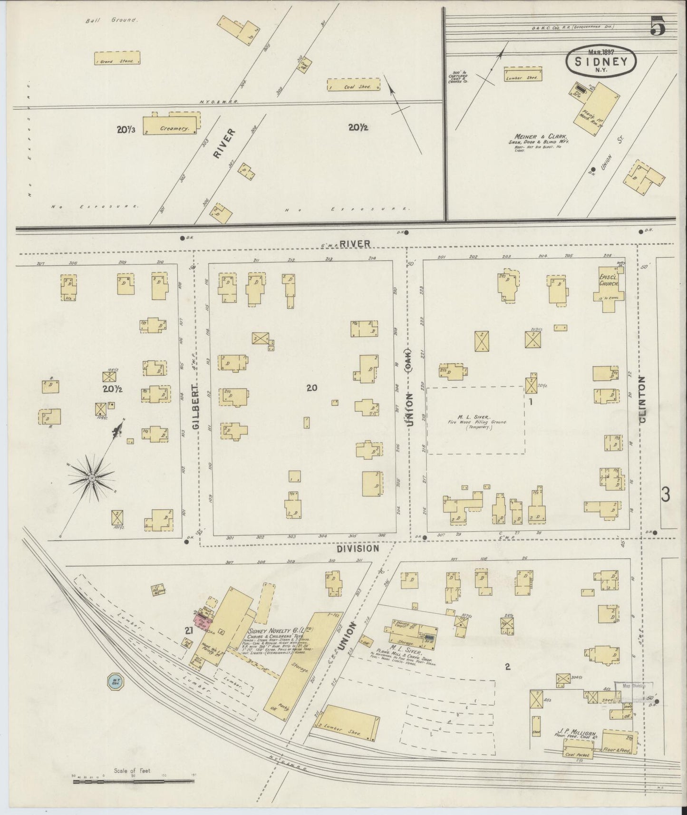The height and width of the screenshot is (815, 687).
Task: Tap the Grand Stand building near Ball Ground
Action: pos(117,58)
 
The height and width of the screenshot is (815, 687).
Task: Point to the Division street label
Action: pos(358,548)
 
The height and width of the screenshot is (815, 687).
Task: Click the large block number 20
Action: pos(311,388)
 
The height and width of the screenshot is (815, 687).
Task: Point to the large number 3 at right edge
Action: pos(665,495)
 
